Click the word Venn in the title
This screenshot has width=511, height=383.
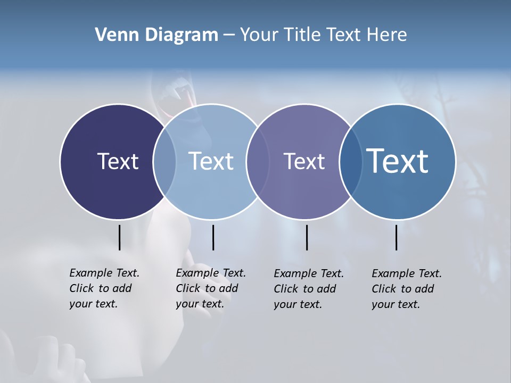(113, 35)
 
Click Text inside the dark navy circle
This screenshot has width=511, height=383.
(118, 161)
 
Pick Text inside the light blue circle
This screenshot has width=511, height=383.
(211, 161)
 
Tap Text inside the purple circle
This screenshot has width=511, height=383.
(304, 161)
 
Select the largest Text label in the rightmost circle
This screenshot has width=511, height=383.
(398, 161)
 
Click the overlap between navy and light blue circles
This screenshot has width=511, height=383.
(164, 162)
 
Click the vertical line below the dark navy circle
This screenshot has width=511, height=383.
(119, 237)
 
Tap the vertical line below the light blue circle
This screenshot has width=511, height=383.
(213, 237)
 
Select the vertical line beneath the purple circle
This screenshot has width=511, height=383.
(307, 237)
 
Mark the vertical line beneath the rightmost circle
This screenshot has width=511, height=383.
(397, 237)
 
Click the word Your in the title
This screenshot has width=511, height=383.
(259, 35)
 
